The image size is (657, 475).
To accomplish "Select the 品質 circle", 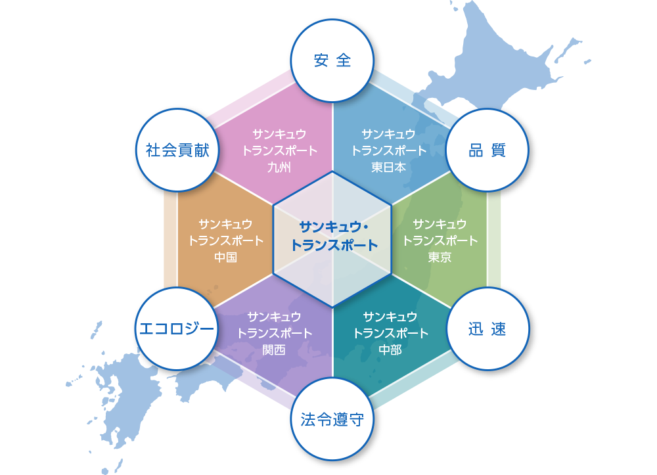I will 487,150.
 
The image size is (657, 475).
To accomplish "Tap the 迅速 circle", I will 487,329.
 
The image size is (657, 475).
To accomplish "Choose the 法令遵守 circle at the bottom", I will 332,419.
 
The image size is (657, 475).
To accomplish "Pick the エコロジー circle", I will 177,329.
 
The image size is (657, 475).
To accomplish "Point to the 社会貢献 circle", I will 177,150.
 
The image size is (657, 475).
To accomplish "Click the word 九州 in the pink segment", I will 279,166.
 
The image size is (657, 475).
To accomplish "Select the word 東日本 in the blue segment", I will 388,166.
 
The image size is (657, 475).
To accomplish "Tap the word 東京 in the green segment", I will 440,257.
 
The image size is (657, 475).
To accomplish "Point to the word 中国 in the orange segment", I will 225,257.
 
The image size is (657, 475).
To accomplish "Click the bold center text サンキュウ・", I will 334,227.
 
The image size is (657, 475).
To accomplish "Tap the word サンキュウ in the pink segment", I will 279,134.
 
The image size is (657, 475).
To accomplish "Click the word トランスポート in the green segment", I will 440,240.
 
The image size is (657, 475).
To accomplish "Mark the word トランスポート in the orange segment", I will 225,240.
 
